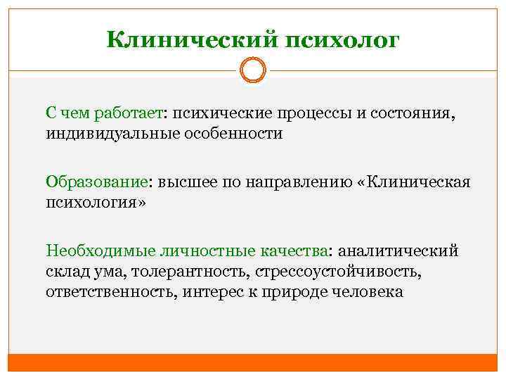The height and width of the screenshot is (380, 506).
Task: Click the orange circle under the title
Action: click(252, 70)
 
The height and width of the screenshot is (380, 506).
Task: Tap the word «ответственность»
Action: click(111, 290)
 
